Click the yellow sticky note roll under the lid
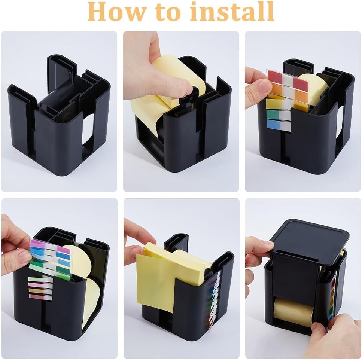pos(293,312)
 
